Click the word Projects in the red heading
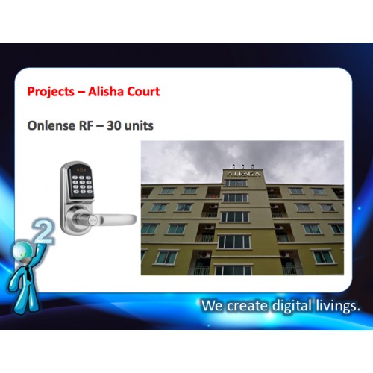pos(51,92)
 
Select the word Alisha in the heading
pos(103,91)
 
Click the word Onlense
pos(51,125)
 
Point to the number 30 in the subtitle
pos(113,126)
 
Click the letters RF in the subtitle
pos(86,126)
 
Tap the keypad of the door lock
pos(82,184)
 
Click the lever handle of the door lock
pos(112,219)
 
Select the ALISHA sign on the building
pos(244,174)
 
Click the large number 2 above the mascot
pos(44,231)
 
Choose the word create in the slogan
pos(247,306)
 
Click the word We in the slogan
pos(212,306)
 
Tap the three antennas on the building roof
pos(243,166)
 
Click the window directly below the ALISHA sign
pos(236,183)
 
